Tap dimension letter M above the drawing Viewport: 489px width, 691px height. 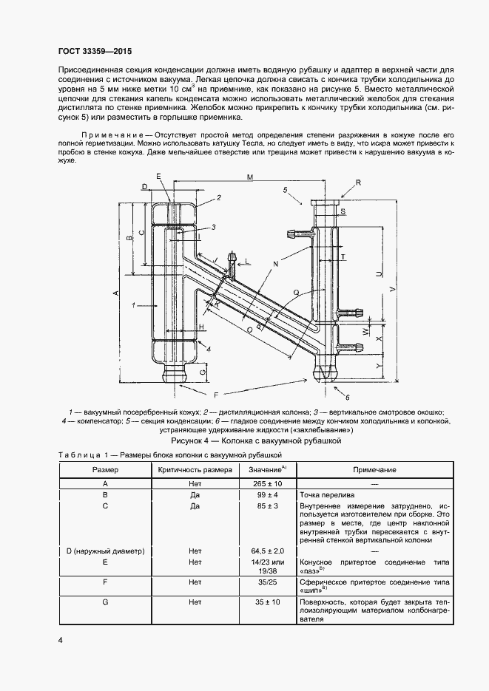point(250,177)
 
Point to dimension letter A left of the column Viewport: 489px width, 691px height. point(116,293)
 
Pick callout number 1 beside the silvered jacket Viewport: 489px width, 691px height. point(132,304)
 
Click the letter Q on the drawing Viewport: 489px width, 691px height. point(297,293)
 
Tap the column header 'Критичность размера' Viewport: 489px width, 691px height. point(195,470)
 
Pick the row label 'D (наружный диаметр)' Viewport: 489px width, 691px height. point(104,551)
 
